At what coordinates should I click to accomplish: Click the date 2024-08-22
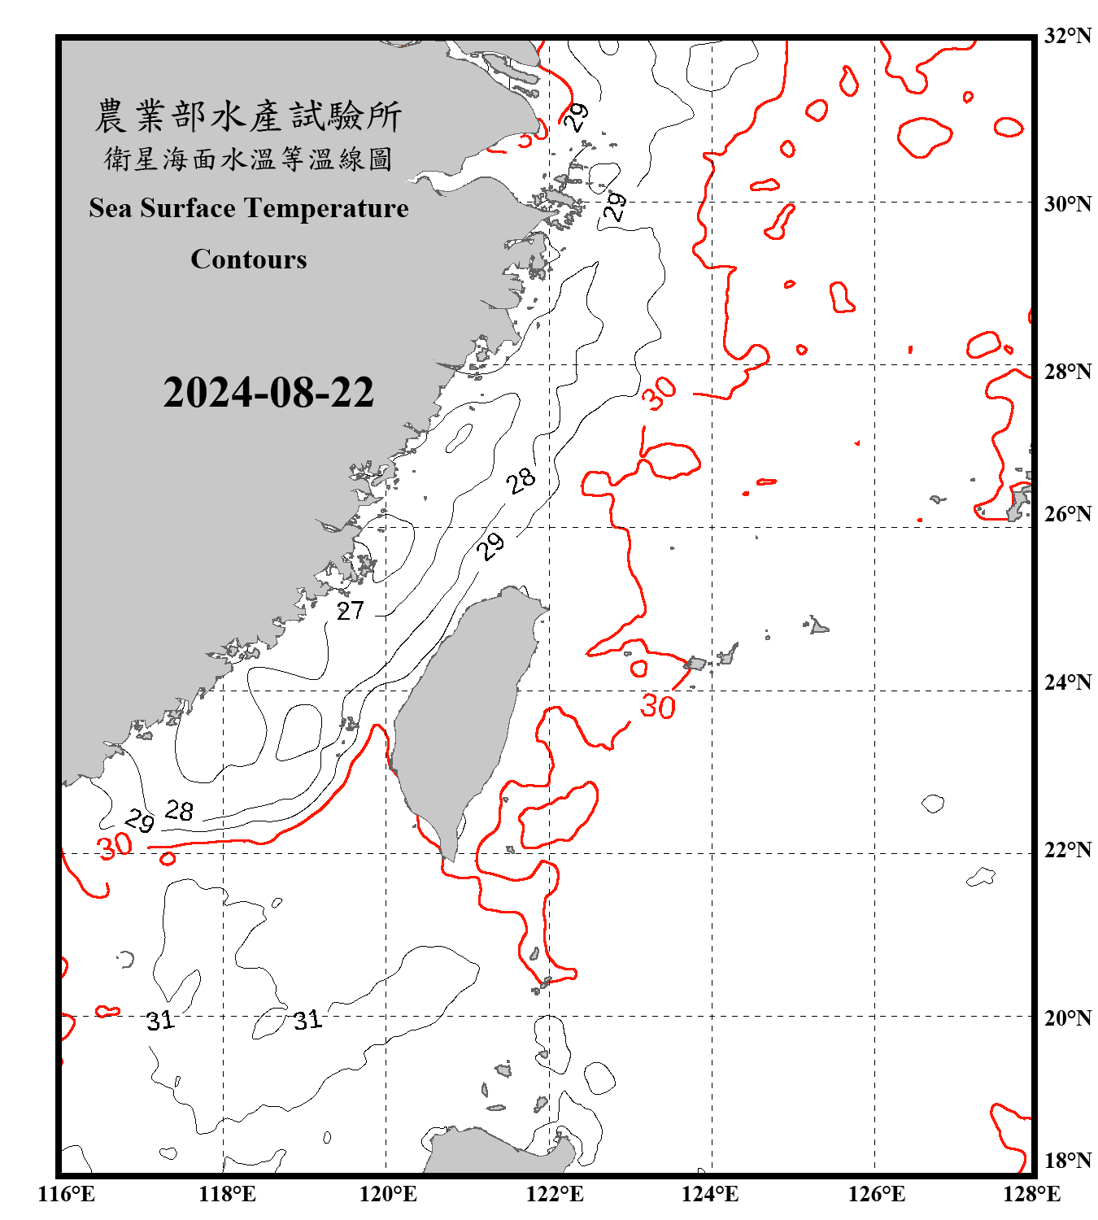click(268, 392)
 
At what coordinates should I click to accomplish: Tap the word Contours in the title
click(249, 259)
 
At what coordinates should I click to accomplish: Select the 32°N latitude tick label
click(1068, 36)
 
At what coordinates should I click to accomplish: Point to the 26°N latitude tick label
click(1068, 514)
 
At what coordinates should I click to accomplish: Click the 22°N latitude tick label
click(1068, 850)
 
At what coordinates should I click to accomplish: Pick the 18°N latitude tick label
click(1068, 1161)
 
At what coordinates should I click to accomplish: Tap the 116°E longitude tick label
click(66, 1194)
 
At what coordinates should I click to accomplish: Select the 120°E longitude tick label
click(388, 1194)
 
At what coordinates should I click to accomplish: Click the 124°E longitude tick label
click(710, 1194)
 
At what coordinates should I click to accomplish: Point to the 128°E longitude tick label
click(1031, 1194)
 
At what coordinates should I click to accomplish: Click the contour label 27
click(351, 611)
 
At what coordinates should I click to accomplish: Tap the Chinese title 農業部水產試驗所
click(248, 116)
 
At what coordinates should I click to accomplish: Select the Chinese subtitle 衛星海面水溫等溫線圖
click(248, 159)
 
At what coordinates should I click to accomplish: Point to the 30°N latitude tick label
click(1068, 204)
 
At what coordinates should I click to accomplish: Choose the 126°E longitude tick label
click(876, 1194)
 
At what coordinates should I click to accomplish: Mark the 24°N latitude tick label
click(1068, 682)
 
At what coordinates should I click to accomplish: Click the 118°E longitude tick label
click(227, 1194)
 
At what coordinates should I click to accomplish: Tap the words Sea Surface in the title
click(163, 208)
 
